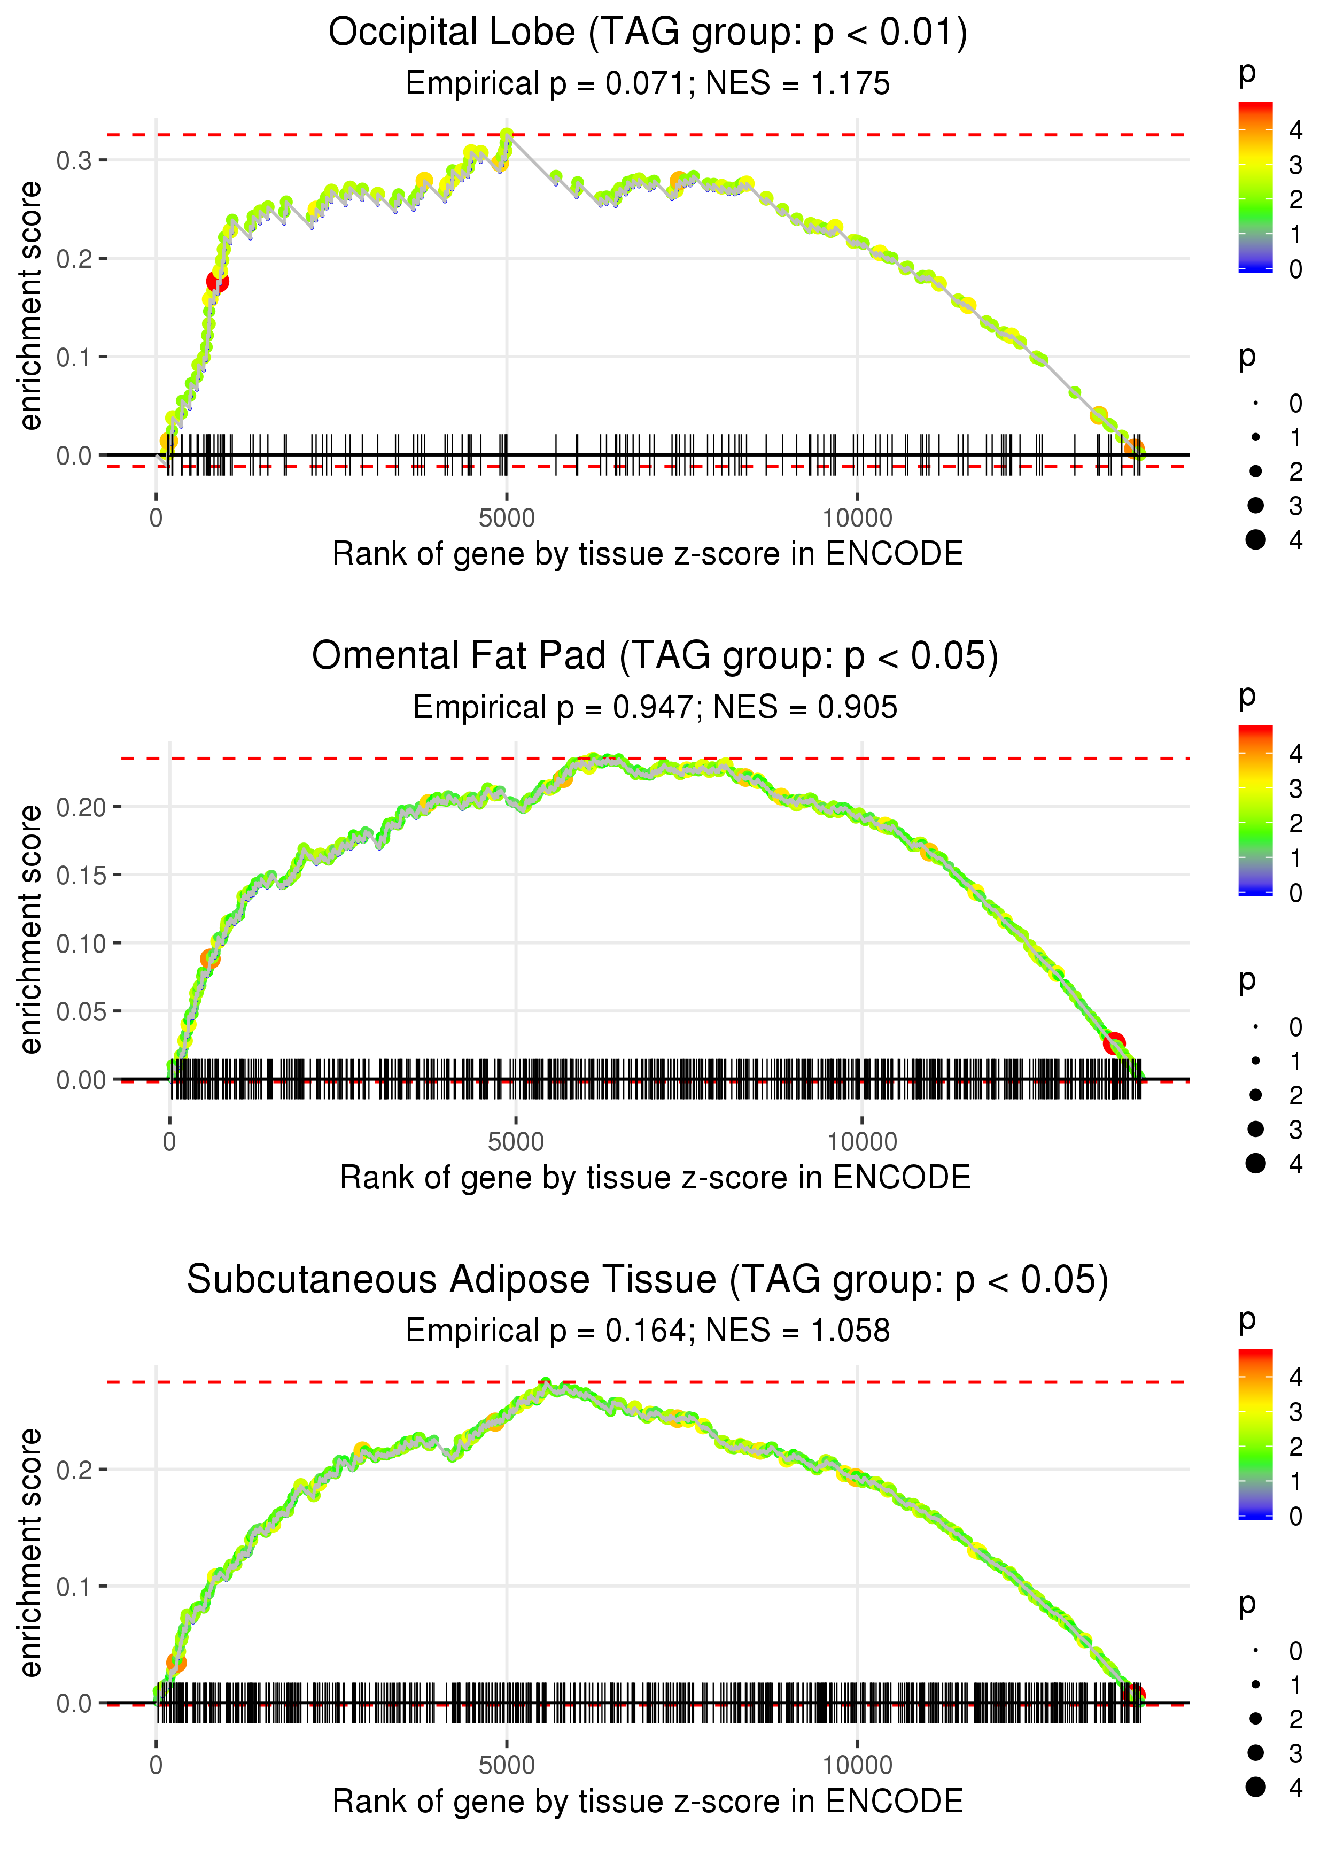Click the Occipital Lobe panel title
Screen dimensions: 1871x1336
pyautogui.click(x=648, y=33)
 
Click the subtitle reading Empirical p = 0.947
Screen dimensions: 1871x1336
pyautogui.click(x=655, y=707)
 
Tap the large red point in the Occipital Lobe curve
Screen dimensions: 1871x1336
pyautogui.click(x=217, y=281)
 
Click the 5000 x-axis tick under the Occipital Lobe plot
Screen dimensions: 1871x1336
pyautogui.click(x=506, y=519)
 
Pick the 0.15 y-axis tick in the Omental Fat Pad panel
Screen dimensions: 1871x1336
pyautogui.click(x=81, y=875)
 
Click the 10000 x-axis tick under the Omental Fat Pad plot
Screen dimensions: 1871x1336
pyautogui.click(x=861, y=1142)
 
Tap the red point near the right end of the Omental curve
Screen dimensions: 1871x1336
pyautogui.click(x=1114, y=1043)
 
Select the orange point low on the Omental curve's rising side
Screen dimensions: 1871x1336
pyautogui.click(x=210, y=958)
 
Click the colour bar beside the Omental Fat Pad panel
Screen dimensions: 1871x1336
pyautogui.click(x=1255, y=810)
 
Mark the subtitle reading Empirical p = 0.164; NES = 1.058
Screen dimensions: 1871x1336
pyautogui.click(x=648, y=1331)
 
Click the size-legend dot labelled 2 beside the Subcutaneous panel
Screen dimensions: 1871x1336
pyautogui.click(x=1255, y=1719)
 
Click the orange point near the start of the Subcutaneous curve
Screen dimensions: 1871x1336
pyautogui.click(x=176, y=1663)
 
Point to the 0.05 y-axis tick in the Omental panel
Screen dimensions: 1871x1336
pyautogui.click(x=81, y=1011)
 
